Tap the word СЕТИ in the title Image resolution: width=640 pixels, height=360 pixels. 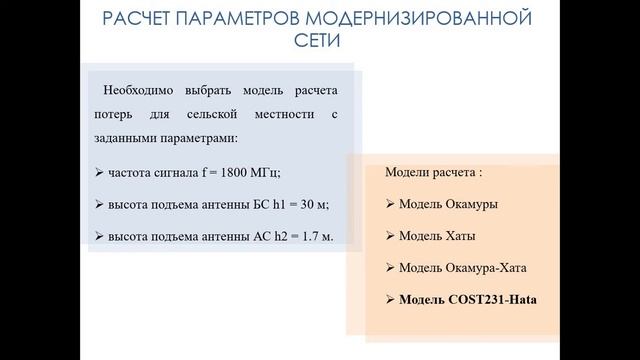[x=319, y=44]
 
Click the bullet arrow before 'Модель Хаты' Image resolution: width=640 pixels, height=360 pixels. [x=390, y=236]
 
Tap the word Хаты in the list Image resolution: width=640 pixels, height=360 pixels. [x=459, y=236]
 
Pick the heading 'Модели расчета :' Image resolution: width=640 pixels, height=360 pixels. [x=433, y=172]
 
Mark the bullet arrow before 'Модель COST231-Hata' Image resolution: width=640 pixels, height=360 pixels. [x=390, y=299]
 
